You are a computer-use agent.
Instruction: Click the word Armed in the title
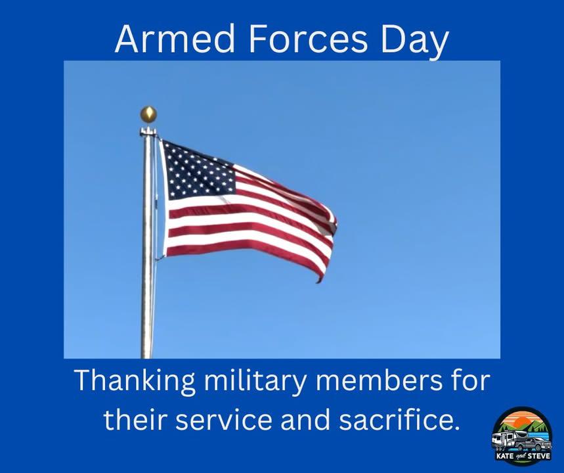(x=175, y=39)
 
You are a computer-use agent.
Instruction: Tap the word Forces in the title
(x=308, y=39)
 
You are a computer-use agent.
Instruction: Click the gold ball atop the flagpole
(x=148, y=114)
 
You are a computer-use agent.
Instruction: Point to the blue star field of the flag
(x=198, y=170)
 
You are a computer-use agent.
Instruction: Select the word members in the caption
(x=379, y=380)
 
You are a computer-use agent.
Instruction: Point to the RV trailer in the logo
(x=505, y=441)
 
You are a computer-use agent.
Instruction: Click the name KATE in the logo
(x=504, y=456)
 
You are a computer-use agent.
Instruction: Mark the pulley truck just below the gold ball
(x=148, y=131)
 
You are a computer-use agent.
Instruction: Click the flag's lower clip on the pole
(x=159, y=258)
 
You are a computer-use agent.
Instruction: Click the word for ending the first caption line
(x=471, y=380)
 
